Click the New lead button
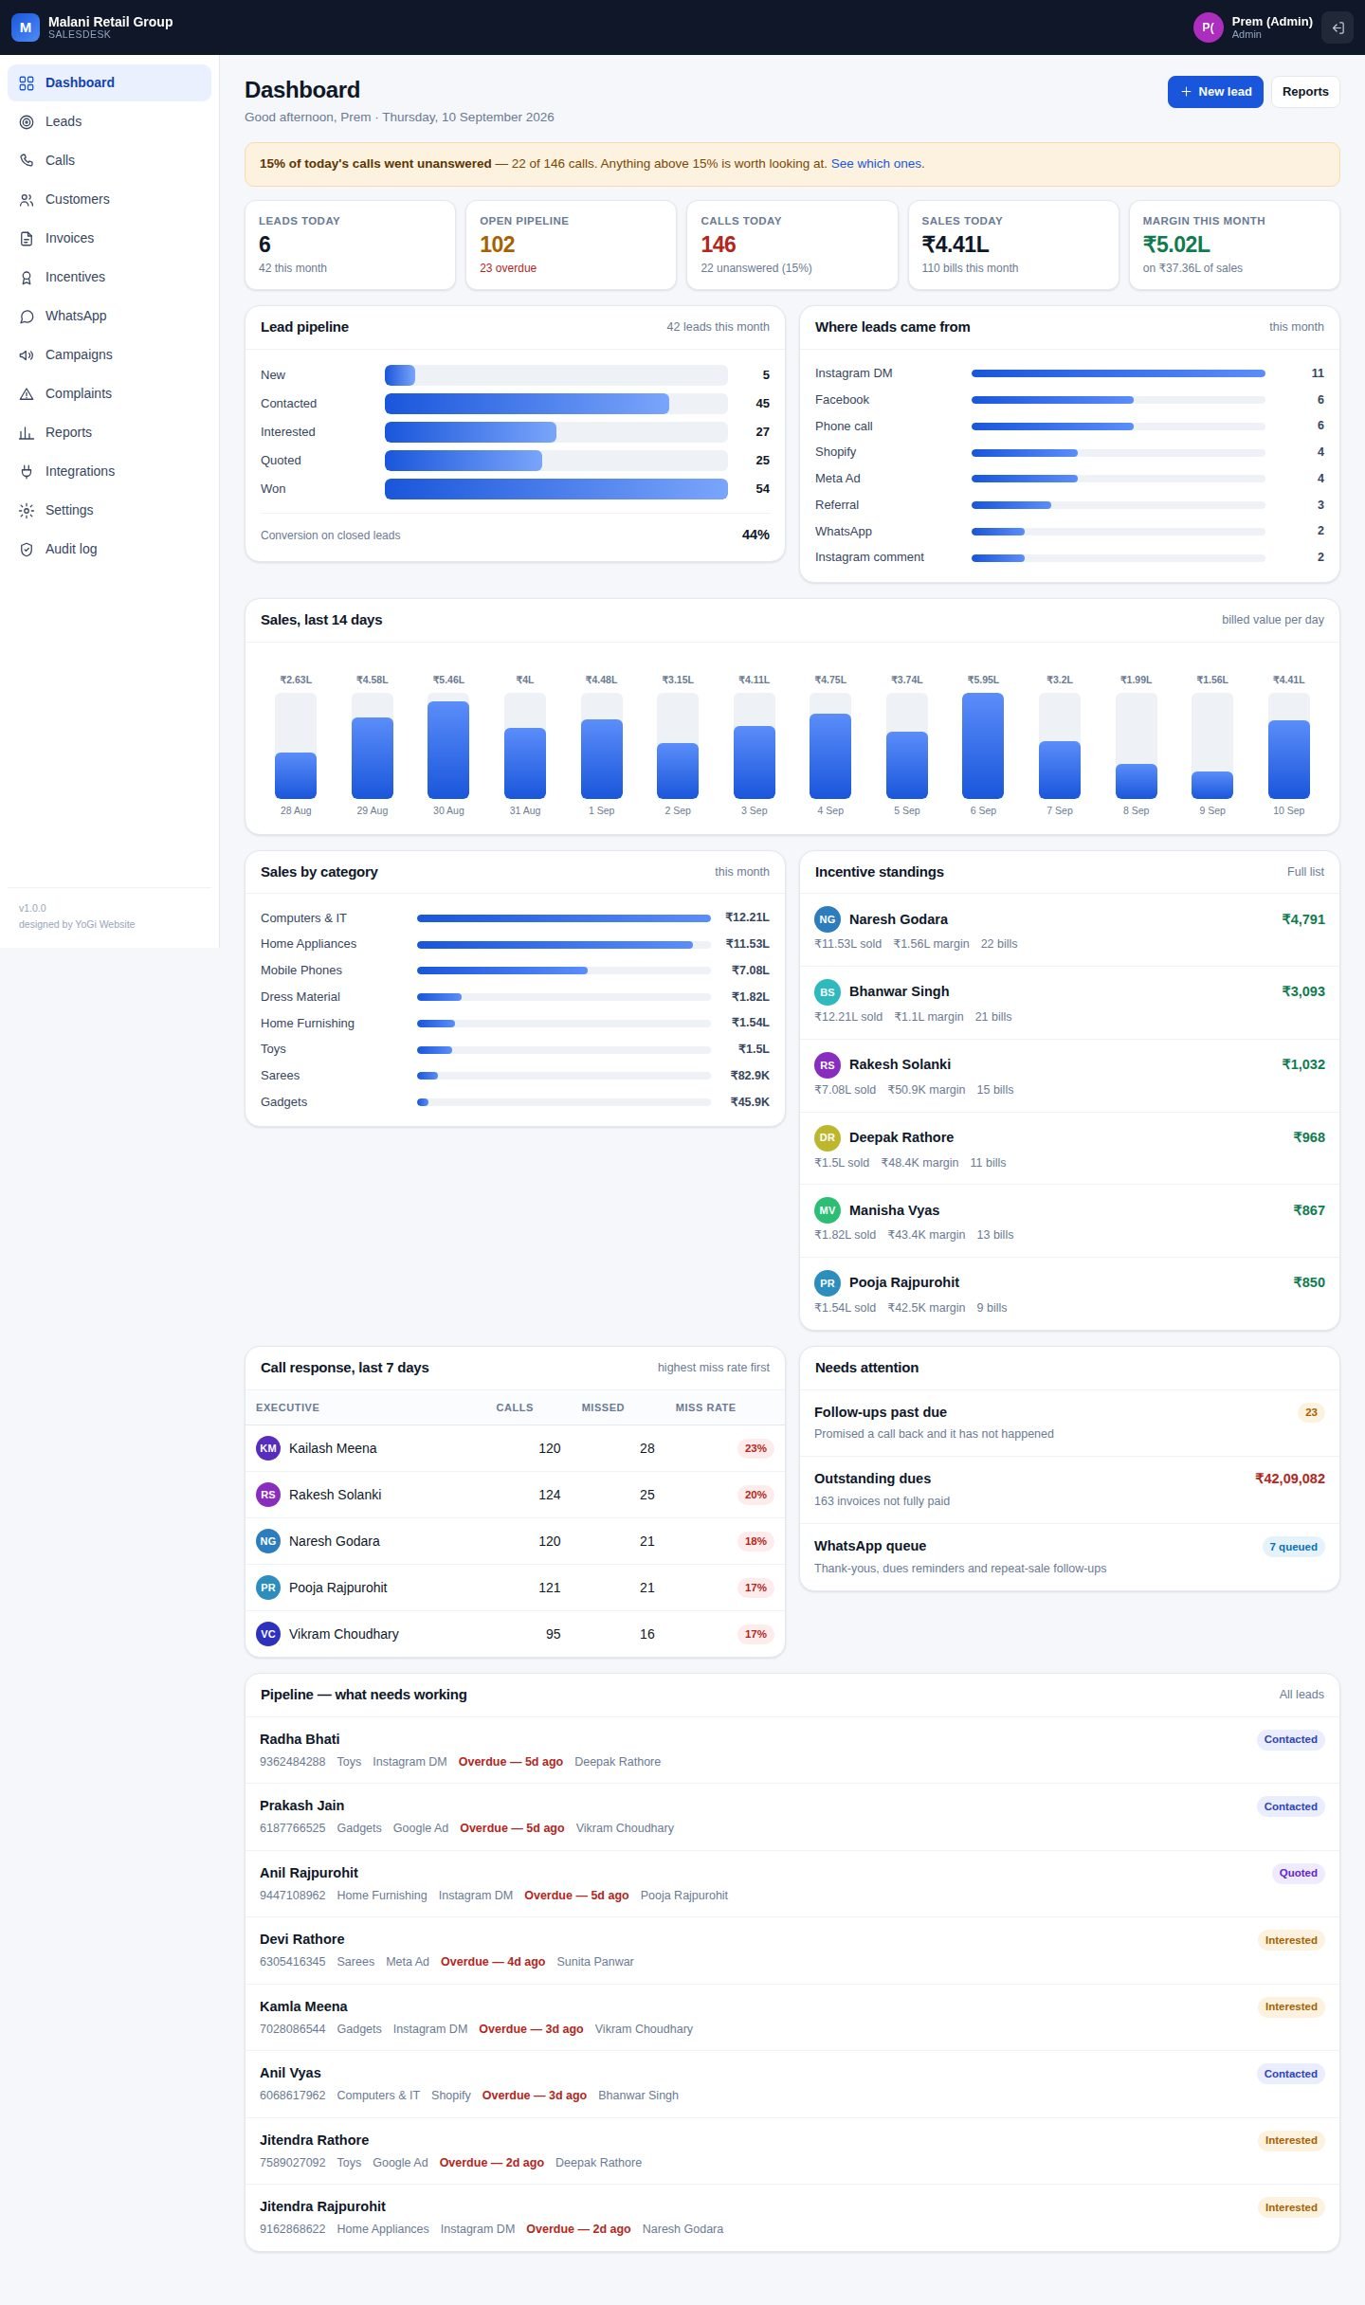(x=1215, y=92)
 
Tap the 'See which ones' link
(x=876, y=164)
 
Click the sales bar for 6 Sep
(x=983, y=746)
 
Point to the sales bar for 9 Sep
(x=1212, y=785)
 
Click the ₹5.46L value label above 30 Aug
(x=448, y=680)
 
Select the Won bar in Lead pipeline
(x=555, y=489)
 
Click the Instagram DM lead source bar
(x=1119, y=373)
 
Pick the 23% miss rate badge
(x=755, y=1448)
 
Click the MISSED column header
(x=603, y=1407)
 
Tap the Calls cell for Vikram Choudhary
(x=553, y=1634)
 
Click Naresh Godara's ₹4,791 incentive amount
(x=1303, y=919)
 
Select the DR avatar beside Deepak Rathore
(x=828, y=1137)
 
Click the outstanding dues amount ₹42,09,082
(x=1290, y=1479)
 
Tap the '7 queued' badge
(x=1294, y=1547)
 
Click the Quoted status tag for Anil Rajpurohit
(x=1299, y=1873)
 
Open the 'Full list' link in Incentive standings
(x=1305, y=872)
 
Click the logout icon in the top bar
(x=1338, y=27)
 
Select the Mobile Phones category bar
(x=502, y=971)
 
